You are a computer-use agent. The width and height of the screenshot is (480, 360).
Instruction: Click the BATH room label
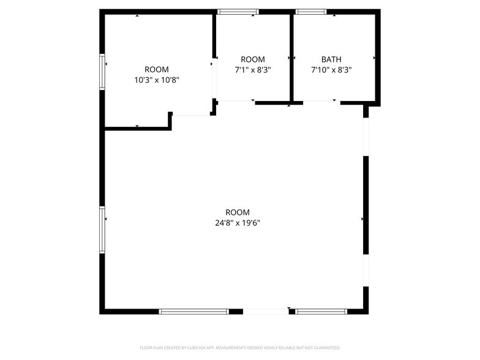pos(331,59)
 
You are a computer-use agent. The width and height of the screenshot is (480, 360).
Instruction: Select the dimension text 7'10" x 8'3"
pos(331,70)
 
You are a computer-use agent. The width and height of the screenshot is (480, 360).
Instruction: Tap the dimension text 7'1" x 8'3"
pos(253,70)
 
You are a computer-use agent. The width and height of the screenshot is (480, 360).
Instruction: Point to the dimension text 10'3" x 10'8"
pos(157,80)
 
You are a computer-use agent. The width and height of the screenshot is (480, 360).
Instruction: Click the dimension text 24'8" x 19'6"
pos(238,223)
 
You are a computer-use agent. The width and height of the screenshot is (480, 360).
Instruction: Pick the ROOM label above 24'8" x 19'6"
pos(238,212)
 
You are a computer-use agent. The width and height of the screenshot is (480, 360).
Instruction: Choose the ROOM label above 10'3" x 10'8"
pos(157,69)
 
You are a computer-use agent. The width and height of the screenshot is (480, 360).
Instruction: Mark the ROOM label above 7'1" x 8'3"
pos(253,59)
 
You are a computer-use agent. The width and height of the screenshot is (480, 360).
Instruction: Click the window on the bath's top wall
pos(311,11)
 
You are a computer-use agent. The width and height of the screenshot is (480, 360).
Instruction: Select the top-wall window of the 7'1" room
pos(238,11)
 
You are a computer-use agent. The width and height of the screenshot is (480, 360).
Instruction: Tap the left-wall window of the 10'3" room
pos(103,72)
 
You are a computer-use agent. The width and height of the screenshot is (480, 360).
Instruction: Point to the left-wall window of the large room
pos(103,230)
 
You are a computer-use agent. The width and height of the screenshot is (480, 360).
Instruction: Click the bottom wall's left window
pos(194,312)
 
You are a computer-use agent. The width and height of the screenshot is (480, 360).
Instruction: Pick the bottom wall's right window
pos(321,312)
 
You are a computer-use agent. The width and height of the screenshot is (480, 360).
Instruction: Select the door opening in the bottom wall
pos(266,312)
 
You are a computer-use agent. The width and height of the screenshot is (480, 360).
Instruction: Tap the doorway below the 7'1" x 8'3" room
pos(236,102)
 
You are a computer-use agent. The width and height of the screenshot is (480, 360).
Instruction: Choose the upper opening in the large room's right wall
pos(366,136)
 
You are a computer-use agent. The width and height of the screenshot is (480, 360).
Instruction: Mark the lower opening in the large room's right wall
pos(366,270)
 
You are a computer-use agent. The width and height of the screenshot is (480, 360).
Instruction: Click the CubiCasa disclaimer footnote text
pos(240,347)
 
